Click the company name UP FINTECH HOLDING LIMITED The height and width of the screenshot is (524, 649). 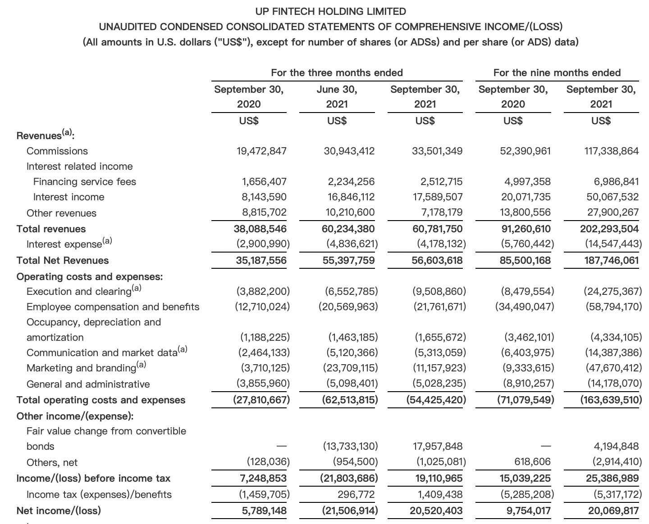click(330, 11)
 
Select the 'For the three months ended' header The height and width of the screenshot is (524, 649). click(337, 72)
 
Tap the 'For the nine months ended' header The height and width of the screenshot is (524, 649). click(557, 72)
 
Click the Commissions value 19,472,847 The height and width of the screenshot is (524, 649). click(261, 151)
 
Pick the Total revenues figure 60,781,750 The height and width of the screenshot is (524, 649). click(437, 229)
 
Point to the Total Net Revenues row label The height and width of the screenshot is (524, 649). click(63, 260)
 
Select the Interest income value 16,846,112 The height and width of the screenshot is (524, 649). click(349, 197)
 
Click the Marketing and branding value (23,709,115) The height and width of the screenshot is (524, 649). click(351, 368)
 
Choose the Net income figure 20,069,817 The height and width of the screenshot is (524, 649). click(613, 510)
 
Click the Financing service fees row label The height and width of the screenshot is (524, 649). click(85, 181)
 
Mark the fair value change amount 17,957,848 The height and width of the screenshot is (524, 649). click(437, 446)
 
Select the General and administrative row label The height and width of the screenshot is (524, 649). click(88, 384)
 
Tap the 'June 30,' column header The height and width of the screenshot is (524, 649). click(337, 89)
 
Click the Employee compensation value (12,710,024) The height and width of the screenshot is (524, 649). click(262, 307)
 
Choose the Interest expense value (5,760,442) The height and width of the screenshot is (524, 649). click(527, 244)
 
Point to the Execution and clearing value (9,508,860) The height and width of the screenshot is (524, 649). click(439, 291)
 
